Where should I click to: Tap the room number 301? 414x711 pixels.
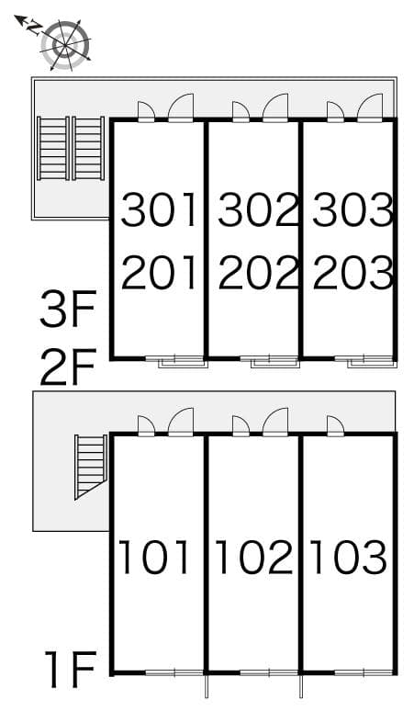(x=160, y=210)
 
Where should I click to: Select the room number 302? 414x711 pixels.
(x=258, y=210)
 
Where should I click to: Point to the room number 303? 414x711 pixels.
(x=353, y=210)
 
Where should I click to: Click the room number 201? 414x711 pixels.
(x=160, y=272)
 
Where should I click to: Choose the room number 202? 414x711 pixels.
(x=258, y=272)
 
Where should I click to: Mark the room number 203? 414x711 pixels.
(x=353, y=272)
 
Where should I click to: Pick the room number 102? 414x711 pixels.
(x=253, y=557)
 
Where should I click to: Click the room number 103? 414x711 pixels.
(x=348, y=557)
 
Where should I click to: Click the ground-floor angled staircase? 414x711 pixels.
(x=90, y=466)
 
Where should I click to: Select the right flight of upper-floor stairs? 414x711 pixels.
(x=88, y=149)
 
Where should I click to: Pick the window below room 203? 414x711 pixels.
(x=371, y=361)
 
